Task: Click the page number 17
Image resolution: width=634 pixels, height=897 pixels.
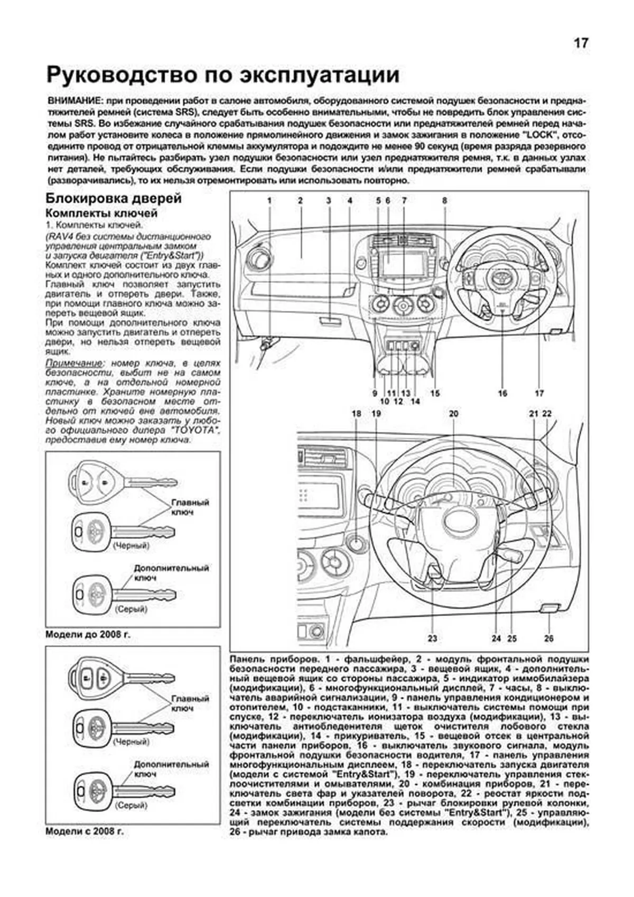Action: point(581,43)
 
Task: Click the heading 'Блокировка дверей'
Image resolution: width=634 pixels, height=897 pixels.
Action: point(114,199)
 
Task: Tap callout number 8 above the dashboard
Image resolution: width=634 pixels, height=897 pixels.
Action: point(445,201)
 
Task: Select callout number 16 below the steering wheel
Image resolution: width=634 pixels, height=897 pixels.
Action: point(502,393)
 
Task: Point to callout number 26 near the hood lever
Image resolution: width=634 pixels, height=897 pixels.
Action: point(548,638)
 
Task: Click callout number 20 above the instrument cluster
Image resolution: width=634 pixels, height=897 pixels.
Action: point(453,414)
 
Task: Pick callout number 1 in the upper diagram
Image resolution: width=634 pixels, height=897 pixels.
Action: point(269,201)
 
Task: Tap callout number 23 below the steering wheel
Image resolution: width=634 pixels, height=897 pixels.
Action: point(432,638)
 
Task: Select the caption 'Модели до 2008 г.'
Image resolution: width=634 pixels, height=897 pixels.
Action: point(88,635)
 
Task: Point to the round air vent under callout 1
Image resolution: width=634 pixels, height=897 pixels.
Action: point(259,258)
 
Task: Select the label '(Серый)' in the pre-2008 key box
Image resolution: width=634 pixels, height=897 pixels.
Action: point(130,609)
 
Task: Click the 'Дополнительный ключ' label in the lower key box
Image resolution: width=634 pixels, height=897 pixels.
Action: point(171,769)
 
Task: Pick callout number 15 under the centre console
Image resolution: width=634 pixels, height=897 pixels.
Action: point(435,393)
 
